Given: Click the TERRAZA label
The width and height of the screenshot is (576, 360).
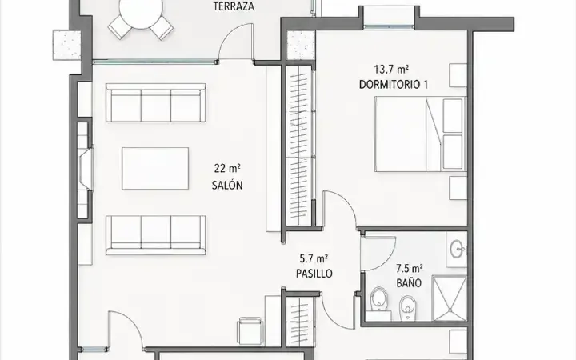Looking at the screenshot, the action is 234,6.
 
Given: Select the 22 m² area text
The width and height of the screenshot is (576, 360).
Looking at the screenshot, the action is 227,169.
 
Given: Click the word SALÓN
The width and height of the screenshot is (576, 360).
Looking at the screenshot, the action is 227,185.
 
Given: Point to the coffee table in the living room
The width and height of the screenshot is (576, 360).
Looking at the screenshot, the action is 155,168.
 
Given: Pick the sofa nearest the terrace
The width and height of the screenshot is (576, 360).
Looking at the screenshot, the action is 156,102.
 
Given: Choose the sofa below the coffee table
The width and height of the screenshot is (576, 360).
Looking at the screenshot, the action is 156,235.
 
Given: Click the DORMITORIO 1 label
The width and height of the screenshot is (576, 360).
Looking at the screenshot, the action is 393,85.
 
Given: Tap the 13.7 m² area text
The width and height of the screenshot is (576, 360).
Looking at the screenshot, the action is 391,69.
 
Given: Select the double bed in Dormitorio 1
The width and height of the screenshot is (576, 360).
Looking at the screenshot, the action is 421,134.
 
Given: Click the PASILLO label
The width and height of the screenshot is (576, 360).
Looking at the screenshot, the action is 314,274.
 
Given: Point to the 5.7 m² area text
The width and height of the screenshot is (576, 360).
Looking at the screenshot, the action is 314,258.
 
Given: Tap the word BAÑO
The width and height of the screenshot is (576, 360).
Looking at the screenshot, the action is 409,283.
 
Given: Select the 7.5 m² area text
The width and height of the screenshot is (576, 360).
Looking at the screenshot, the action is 409,269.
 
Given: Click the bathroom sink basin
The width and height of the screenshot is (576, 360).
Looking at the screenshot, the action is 457,250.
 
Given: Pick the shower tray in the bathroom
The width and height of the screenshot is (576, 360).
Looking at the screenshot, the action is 450,298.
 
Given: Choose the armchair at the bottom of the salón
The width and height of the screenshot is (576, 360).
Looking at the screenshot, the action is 250,330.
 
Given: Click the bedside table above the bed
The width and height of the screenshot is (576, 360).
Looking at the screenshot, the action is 458,75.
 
